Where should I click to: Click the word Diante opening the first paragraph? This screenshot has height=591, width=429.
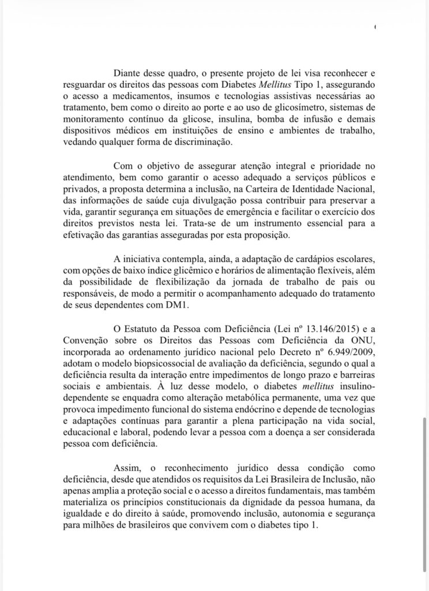click(x=129, y=74)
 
